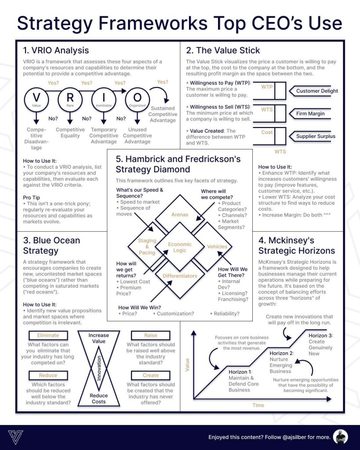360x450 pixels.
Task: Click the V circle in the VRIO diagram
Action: (x=36, y=100)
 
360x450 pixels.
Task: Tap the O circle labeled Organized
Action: (x=137, y=100)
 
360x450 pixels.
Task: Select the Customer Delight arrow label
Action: (x=316, y=91)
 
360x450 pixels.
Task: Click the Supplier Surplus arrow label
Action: (x=315, y=136)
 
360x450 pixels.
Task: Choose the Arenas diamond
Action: (x=180, y=214)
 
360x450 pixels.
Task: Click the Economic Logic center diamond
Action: (x=180, y=247)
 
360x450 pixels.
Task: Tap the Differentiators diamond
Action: (x=180, y=276)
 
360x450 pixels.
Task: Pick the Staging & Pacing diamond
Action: (x=146, y=247)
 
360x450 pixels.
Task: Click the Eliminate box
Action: (x=48, y=335)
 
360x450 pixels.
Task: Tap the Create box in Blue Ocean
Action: (x=150, y=375)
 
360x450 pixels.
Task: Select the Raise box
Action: (x=150, y=335)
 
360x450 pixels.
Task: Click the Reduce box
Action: (x=48, y=375)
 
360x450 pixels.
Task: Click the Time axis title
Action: (x=258, y=405)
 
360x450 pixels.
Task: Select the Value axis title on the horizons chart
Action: (x=187, y=365)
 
